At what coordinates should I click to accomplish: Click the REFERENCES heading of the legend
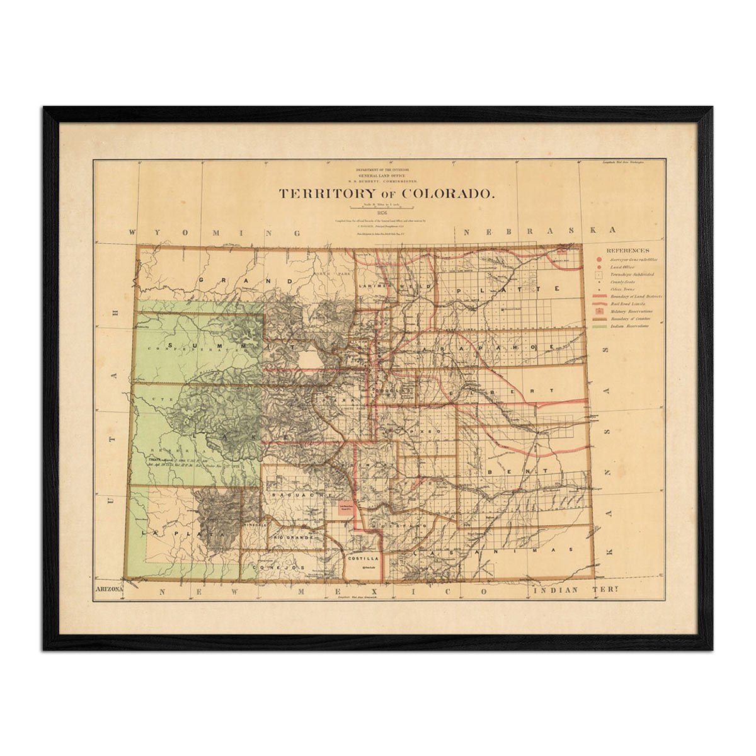[627, 250]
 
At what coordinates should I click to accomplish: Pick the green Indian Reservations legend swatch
[599, 326]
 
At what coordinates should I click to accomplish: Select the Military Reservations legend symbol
[599, 311]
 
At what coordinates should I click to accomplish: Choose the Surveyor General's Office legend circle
[599, 259]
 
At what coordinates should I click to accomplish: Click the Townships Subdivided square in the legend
[599, 275]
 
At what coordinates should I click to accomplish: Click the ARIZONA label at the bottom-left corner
[108, 590]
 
